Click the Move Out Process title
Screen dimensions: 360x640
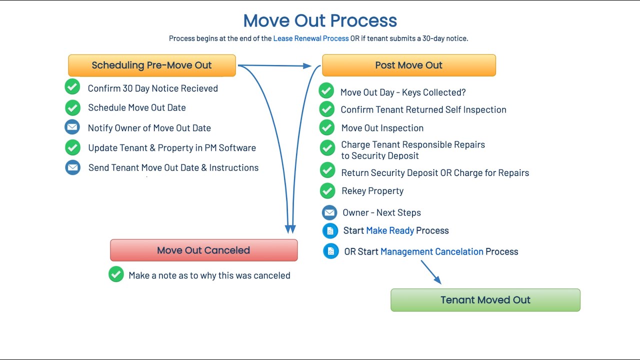(x=320, y=21)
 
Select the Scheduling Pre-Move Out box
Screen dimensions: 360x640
(x=151, y=65)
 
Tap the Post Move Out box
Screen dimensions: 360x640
(x=408, y=65)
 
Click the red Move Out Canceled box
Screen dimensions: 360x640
(x=203, y=250)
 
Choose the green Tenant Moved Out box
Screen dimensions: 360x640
(x=485, y=300)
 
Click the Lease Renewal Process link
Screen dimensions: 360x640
(x=310, y=38)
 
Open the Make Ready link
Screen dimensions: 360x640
(x=390, y=230)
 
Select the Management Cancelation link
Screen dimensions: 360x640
(x=431, y=251)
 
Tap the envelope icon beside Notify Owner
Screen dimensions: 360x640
(x=72, y=127)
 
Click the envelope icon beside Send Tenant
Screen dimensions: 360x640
(x=72, y=167)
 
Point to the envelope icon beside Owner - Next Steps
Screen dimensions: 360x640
(x=329, y=212)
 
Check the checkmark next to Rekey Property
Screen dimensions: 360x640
(x=327, y=190)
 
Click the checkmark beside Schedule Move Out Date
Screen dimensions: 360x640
(x=72, y=107)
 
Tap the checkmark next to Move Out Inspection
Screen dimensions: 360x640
(x=327, y=127)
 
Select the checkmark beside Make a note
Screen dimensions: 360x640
(x=116, y=274)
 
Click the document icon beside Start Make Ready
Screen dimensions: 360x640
(x=330, y=230)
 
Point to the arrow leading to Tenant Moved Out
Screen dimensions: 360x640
(x=430, y=272)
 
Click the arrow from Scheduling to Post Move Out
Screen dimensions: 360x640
(x=275, y=65)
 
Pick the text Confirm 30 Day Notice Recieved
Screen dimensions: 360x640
(x=152, y=88)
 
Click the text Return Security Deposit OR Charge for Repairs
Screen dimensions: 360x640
(x=435, y=173)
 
